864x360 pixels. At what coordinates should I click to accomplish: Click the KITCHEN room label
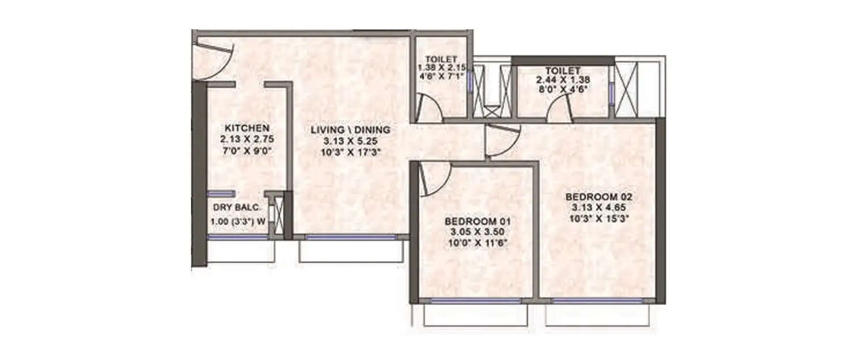click(x=246, y=128)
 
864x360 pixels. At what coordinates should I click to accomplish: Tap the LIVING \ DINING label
click(x=350, y=130)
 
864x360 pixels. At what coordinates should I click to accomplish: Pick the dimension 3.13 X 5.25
click(x=350, y=141)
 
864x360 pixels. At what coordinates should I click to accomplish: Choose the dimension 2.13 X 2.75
click(x=246, y=139)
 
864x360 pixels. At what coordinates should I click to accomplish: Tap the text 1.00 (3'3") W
click(x=237, y=221)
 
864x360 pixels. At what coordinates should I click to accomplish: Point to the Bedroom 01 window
click(x=476, y=301)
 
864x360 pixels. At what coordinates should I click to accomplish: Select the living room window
click(x=350, y=237)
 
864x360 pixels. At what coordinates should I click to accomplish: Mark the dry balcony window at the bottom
click(x=237, y=237)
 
